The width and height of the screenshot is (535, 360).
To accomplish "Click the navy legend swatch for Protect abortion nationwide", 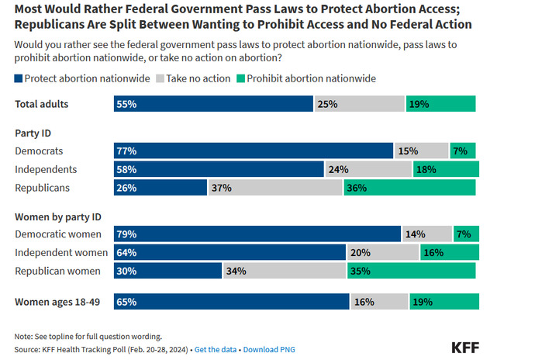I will pyautogui.click(x=19, y=78).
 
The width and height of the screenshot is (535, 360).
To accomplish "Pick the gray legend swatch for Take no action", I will pyautogui.click(x=160, y=78).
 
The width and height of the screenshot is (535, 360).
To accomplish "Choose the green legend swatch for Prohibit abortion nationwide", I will pyautogui.click(x=242, y=78).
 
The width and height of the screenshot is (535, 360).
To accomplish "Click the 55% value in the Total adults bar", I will pyautogui.click(x=126, y=104).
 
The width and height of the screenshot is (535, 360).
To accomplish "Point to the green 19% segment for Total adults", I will pyautogui.click(x=440, y=104).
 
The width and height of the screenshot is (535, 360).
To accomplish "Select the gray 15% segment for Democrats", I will pyautogui.click(x=420, y=151).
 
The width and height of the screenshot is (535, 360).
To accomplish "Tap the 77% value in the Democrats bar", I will pyautogui.click(x=126, y=151).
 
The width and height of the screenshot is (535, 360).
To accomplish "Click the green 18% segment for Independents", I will pyautogui.click(x=445, y=169).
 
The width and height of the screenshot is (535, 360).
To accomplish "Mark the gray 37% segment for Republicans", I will pyautogui.click(x=274, y=188).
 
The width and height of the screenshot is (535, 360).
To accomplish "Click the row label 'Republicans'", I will pyautogui.click(x=43, y=188).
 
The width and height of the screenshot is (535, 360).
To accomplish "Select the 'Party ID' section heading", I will pyautogui.click(x=33, y=133).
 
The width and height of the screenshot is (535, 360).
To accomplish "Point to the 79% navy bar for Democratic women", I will pyautogui.click(x=257, y=234).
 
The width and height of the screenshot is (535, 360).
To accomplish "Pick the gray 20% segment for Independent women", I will pyautogui.click(x=382, y=252).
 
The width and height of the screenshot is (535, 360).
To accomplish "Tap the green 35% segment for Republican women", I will pyautogui.click(x=412, y=271).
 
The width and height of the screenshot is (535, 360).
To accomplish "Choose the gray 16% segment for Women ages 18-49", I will pyautogui.click(x=379, y=302).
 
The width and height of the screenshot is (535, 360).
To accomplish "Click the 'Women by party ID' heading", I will pyautogui.click(x=58, y=216).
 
